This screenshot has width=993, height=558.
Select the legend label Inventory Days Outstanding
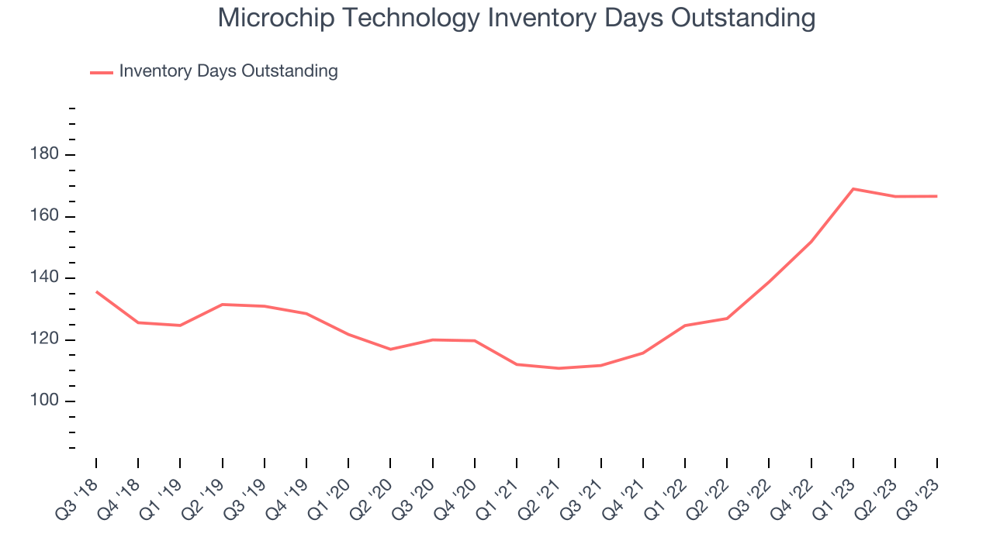(228, 71)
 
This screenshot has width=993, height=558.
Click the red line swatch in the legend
(102, 72)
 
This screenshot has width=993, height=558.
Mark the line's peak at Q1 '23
(853, 189)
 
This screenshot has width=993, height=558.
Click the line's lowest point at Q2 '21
(559, 368)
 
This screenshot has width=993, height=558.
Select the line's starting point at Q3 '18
(96, 291)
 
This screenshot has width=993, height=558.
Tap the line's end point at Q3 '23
(936, 196)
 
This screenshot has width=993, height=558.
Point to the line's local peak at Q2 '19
(223, 305)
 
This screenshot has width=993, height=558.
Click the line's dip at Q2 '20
(390, 350)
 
